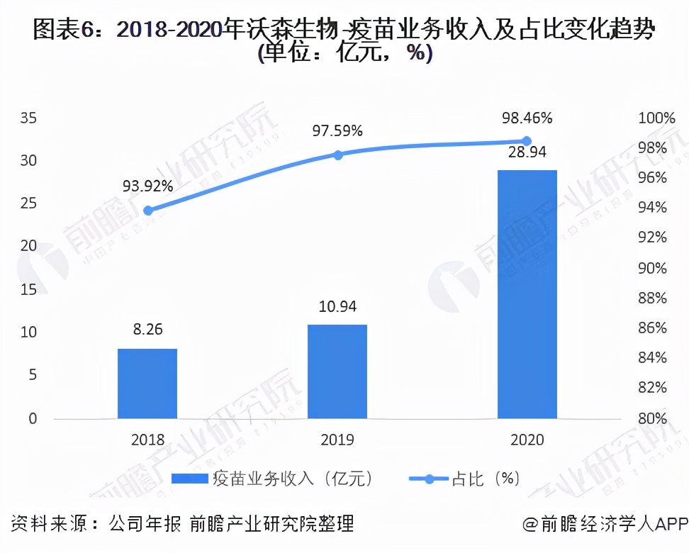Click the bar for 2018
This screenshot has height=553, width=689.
pos(147,383)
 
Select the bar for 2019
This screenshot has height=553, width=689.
pos(337,371)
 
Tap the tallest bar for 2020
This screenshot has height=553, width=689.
pos(527,294)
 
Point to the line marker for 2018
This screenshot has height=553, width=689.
pos(147,211)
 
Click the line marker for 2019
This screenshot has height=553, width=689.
pos(338,155)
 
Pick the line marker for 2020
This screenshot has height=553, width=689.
pos(527,141)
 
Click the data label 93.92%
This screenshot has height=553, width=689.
pos(148,186)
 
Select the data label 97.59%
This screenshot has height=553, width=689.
pos(338,130)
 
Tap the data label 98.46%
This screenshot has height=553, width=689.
pos(527,118)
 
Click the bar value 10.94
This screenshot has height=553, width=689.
pos(337,307)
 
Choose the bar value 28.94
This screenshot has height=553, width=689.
pos(527,152)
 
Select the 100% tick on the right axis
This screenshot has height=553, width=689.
pos(656,118)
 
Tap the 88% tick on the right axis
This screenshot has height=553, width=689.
pos(652,298)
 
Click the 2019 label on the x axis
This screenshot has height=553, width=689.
pos(337,440)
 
